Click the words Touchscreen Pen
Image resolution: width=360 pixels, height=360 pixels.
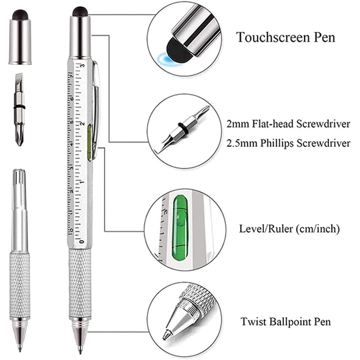click(x=286, y=37)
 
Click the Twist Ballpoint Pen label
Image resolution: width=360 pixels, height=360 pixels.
click(x=285, y=322)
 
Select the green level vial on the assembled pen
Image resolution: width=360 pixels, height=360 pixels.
click(x=90, y=142)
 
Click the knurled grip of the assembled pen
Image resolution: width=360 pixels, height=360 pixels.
click(x=80, y=283)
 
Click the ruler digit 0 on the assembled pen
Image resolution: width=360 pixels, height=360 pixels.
click(x=81, y=242)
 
